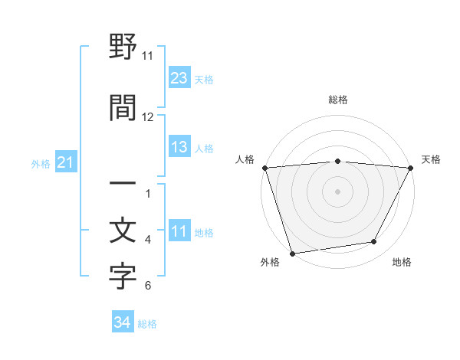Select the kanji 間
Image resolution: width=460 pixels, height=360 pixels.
point(123,107)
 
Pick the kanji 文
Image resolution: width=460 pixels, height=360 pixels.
point(123,231)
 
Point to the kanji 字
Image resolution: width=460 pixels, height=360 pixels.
point(123,277)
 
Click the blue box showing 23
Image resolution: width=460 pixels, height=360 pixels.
point(179,77)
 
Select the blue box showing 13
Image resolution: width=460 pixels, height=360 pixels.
point(179,147)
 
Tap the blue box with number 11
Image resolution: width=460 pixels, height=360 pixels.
point(179,231)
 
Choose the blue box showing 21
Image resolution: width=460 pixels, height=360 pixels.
point(66,162)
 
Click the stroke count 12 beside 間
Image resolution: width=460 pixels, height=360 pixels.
point(148,117)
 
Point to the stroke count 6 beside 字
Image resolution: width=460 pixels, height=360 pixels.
point(148,286)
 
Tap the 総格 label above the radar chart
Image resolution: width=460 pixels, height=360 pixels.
point(337,100)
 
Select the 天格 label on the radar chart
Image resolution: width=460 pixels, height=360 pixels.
point(431,159)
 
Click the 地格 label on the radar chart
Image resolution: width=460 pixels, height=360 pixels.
point(402,263)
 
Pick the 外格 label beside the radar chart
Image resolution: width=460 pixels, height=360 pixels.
point(270,263)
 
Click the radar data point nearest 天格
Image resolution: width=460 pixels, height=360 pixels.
point(411,168)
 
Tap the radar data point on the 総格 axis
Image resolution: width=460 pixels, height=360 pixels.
point(337,161)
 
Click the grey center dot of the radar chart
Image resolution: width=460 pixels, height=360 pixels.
point(337,191)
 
